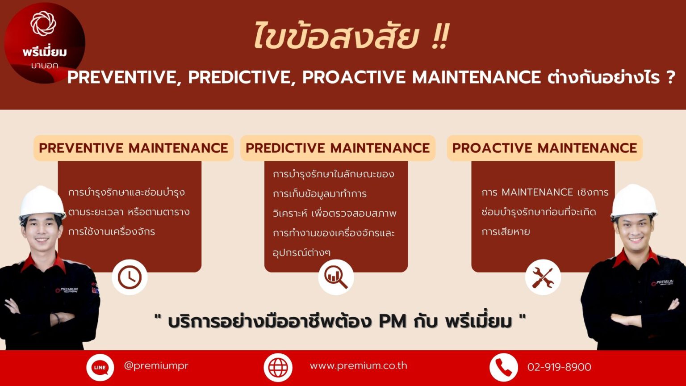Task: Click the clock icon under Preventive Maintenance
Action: tap(130, 277)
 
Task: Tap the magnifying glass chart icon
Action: tap(336, 277)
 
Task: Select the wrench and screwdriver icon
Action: tap(543, 277)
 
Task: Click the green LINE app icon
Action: tap(100, 367)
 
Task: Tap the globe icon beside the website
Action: tap(278, 367)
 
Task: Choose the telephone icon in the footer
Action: tap(503, 367)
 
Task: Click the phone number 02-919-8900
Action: tap(559, 367)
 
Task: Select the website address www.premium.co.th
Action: tap(358, 365)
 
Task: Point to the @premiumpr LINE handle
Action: tap(156, 365)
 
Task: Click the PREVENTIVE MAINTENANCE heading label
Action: tap(134, 148)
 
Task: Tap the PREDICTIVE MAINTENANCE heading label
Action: tap(338, 148)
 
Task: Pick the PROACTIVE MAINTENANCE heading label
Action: tap(544, 148)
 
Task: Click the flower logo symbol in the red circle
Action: tap(43, 23)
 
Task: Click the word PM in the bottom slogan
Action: tap(392, 321)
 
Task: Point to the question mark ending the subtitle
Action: tap(670, 77)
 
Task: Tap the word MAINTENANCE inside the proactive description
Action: tap(537, 193)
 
